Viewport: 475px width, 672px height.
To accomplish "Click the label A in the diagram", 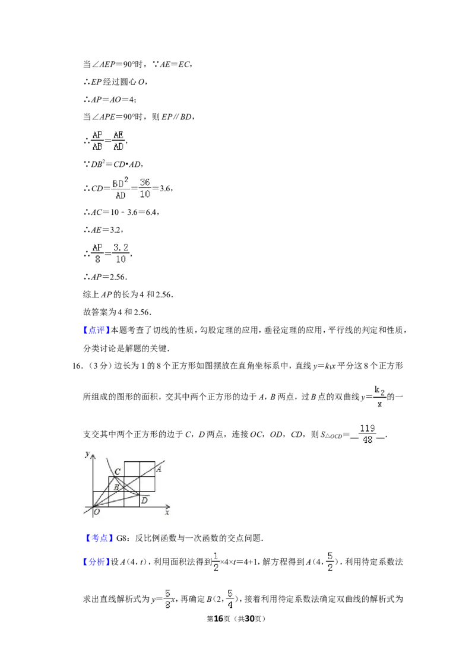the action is pyautogui.click(x=159, y=469).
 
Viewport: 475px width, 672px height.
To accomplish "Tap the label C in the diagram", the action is pyautogui.click(x=118, y=471).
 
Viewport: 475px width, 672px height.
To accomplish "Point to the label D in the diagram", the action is pyautogui.click(x=144, y=500).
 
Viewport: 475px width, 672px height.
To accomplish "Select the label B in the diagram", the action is pyautogui.click(x=116, y=487).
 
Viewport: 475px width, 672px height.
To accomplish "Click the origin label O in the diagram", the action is pyautogui.click(x=97, y=511).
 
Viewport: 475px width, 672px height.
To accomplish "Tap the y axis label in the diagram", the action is pyautogui.click(x=87, y=454).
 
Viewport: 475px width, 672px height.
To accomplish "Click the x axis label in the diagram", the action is pyautogui.click(x=167, y=512).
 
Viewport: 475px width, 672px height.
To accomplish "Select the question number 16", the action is pyautogui.click(x=77, y=366).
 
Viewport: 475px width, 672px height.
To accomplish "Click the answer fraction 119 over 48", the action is pyautogui.click(x=368, y=434).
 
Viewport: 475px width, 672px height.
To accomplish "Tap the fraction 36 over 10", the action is pyautogui.click(x=145, y=188).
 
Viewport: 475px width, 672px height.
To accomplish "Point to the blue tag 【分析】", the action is pyautogui.click(x=96, y=562).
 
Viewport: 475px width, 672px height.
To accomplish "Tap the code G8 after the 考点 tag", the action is pyautogui.click(x=122, y=538).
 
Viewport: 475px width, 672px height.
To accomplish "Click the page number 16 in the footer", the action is pyautogui.click(x=218, y=619).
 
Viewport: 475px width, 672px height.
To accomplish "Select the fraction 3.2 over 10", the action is pyautogui.click(x=121, y=253).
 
